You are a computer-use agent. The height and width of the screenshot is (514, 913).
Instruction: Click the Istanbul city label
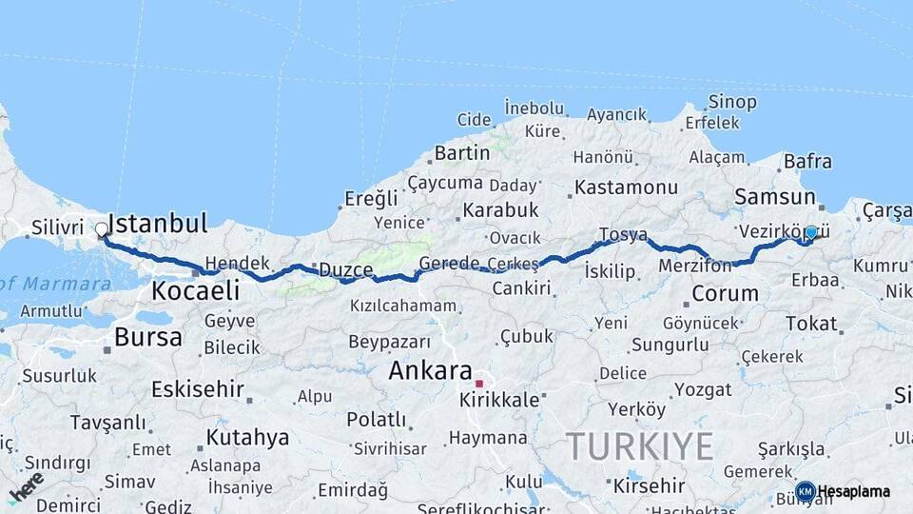(157, 225)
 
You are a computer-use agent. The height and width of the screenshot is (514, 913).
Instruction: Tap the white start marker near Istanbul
(102, 229)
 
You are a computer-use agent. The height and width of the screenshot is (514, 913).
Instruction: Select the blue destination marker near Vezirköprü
(810, 231)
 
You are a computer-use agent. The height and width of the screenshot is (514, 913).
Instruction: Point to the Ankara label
(431, 370)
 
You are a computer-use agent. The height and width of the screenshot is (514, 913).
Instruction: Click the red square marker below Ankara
(479, 384)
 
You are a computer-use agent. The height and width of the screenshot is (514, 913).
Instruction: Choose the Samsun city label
(774, 197)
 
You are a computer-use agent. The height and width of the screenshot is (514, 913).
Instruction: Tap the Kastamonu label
(626, 188)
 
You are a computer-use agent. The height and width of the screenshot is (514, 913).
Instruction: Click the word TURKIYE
(639, 445)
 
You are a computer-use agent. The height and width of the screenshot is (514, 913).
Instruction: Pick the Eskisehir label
(198, 389)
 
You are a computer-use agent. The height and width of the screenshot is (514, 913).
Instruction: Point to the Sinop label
(732, 102)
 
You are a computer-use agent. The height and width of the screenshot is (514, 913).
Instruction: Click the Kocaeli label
(196, 289)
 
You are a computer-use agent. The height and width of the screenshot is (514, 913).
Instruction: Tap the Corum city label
(725, 293)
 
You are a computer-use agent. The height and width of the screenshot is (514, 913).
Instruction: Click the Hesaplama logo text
(853, 491)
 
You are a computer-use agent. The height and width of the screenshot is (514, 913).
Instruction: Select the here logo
(26, 485)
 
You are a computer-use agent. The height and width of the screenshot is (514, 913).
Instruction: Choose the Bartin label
(461, 152)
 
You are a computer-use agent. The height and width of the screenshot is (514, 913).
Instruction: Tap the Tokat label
(811, 324)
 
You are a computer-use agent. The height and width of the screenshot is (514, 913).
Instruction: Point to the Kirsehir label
(649, 484)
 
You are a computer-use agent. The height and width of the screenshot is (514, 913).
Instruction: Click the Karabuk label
(500, 210)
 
